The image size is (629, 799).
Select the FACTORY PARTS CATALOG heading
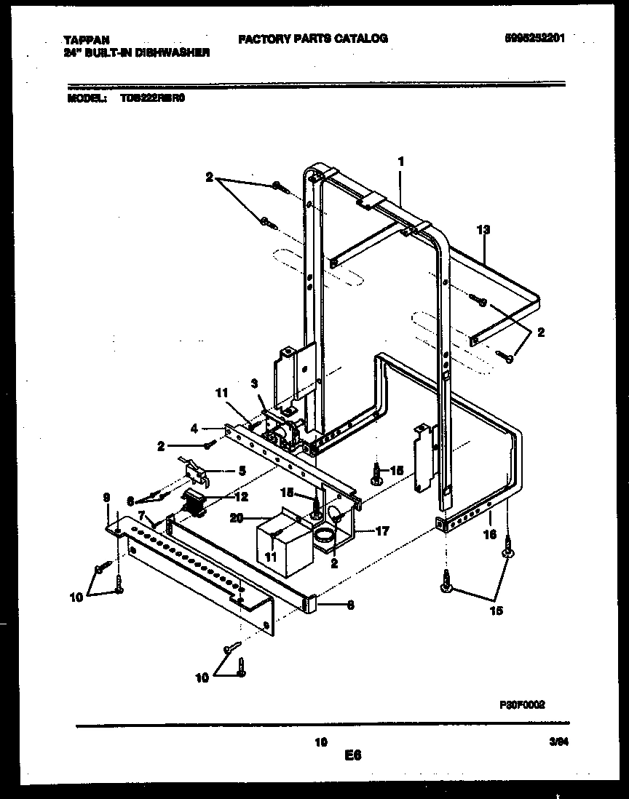pos(312,39)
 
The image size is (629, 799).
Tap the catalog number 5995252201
pos(533,39)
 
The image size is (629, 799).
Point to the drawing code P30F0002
pos(522,704)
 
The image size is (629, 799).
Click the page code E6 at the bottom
pos(353,755)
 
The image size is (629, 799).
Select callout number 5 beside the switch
pos(241,471)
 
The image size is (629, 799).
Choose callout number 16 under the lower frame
pos(491,535)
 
